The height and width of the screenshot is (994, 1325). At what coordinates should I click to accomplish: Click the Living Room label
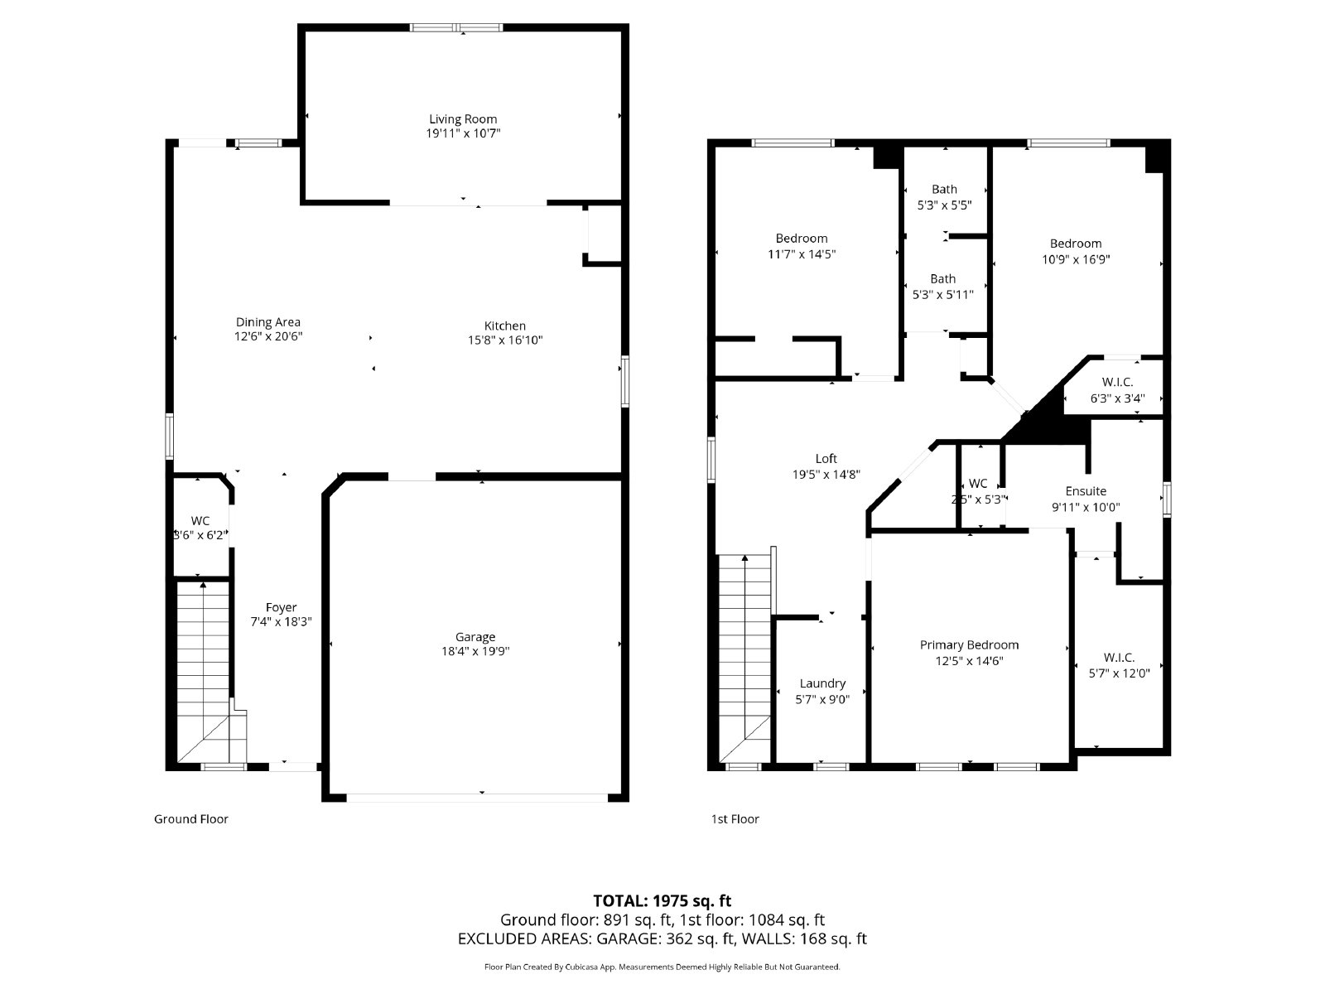[x=463, y=119]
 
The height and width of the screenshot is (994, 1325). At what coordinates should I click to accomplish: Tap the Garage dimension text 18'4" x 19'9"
[x=475, y=652]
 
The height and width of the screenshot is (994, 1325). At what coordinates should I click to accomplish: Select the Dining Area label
[x=267, y=322]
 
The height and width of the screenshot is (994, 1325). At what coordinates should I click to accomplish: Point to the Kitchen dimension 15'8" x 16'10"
[x=504, y=340]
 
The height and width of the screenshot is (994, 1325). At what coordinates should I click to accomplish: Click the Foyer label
[x=281, y=607]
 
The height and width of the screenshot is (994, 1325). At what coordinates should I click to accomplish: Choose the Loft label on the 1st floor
[x=826, y=458]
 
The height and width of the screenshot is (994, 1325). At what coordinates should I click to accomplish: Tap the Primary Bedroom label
[x=969, y=645]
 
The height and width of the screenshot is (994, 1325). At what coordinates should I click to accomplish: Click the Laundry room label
[x=822, y=683]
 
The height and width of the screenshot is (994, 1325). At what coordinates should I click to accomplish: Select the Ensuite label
[x=1086, y=491]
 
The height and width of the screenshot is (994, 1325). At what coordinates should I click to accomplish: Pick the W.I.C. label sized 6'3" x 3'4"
[x=1118, y=382]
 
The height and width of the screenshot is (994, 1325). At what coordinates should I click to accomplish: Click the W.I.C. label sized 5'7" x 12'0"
[x=1119, y=658]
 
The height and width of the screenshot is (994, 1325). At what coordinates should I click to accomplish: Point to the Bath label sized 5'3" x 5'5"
[x=944, y=190]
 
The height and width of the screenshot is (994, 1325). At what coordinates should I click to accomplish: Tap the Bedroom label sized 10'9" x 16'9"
[x=1076, y=244]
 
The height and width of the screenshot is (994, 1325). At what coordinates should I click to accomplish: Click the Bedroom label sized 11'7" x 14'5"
[x=801, y=239]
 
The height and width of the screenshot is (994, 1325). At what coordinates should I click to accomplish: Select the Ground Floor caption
[x=190, y=819]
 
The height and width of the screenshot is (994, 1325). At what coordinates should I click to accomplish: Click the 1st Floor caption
[x=735, y=819]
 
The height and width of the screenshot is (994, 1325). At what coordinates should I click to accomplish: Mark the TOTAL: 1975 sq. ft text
[x=662, y=900]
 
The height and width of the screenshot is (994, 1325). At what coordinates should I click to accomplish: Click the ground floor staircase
[x=204, y=663]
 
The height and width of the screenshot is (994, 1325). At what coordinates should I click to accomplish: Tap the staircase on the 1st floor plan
[x=744, y=654]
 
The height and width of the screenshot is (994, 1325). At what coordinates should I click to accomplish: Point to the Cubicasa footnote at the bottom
[x=662, y=967]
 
